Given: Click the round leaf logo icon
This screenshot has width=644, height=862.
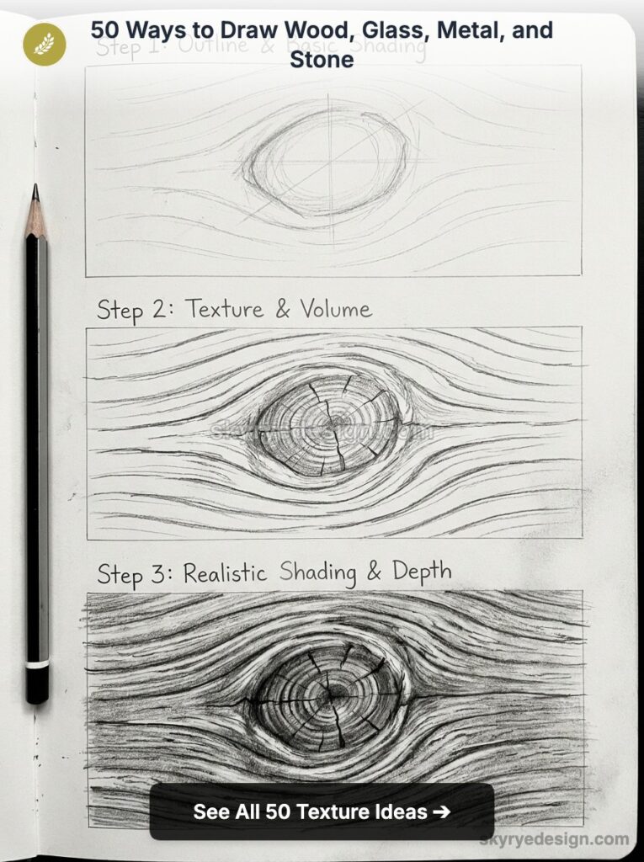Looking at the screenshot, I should [44, 44].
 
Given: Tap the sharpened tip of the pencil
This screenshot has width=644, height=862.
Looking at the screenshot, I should [35, 191].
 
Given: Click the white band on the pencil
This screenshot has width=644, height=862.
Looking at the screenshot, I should [36, 664].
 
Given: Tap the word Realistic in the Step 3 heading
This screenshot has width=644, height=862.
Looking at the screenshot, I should [225, 574].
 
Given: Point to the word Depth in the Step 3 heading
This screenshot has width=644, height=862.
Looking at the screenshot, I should [421, 572].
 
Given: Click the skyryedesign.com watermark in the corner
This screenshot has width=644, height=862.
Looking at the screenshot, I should [554, 839].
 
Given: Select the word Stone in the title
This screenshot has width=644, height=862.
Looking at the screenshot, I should [322, 59].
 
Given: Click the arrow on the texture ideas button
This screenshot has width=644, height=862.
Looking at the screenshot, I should [440, 811].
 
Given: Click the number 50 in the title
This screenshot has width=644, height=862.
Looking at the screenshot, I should [108, 32].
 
